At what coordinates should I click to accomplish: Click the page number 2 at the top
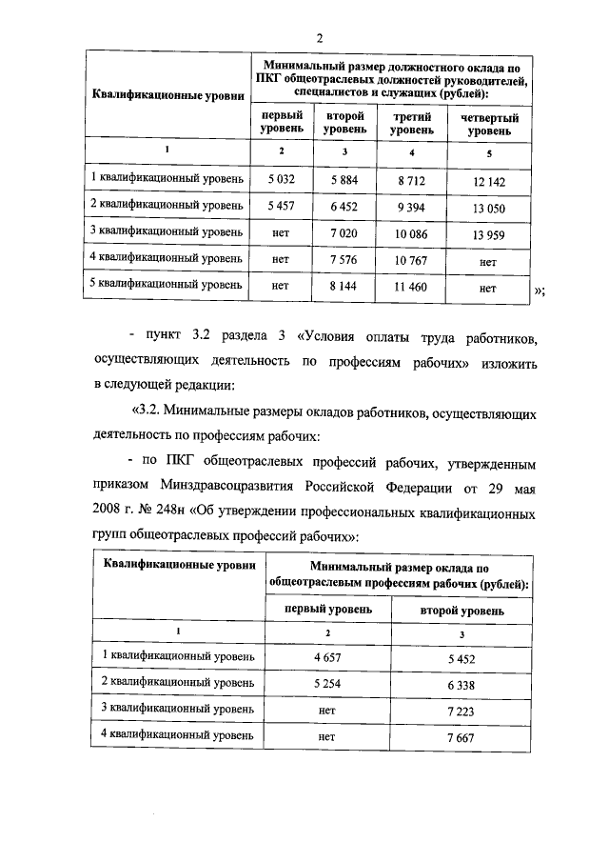[x=321, y=38]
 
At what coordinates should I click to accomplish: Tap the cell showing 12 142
[x=489, y=179]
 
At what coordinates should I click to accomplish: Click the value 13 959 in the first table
[x=489, y=231]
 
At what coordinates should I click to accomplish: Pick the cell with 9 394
[x=410, y=205]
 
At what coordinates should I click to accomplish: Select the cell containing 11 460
[x=410, y=285]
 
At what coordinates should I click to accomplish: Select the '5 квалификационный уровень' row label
[x=167, y=284]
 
